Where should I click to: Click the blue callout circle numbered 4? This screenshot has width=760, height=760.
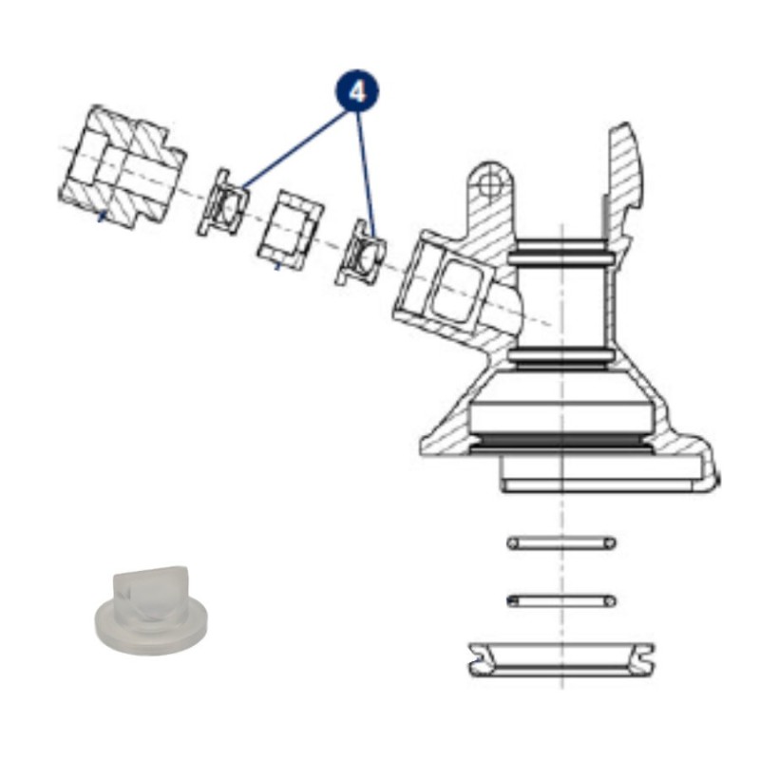pos(357,91)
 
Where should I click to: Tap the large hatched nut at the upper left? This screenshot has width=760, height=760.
pos(123,165)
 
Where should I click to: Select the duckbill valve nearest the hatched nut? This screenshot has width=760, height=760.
pos(223,202)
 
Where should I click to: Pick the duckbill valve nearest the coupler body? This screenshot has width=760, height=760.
pos(361,253)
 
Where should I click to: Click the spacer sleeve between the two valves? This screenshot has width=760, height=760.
pos(290,229)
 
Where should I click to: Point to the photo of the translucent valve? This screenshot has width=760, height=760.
pos(151,606)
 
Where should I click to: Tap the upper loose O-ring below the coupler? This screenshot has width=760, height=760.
pos(561,542)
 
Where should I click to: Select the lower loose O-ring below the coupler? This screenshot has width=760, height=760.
pos(561,601)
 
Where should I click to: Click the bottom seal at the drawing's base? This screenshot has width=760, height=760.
pos(561,659)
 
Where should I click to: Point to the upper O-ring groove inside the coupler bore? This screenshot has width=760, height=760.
pos(561,253)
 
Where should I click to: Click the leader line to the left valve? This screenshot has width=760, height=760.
pos(294,149)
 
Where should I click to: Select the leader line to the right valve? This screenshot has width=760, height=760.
pos(366,176)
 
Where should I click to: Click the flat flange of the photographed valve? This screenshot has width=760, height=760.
pos(151,625)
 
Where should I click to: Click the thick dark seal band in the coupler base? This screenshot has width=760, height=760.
pos(561,440)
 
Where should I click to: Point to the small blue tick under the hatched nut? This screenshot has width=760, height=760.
pos(101,217)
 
